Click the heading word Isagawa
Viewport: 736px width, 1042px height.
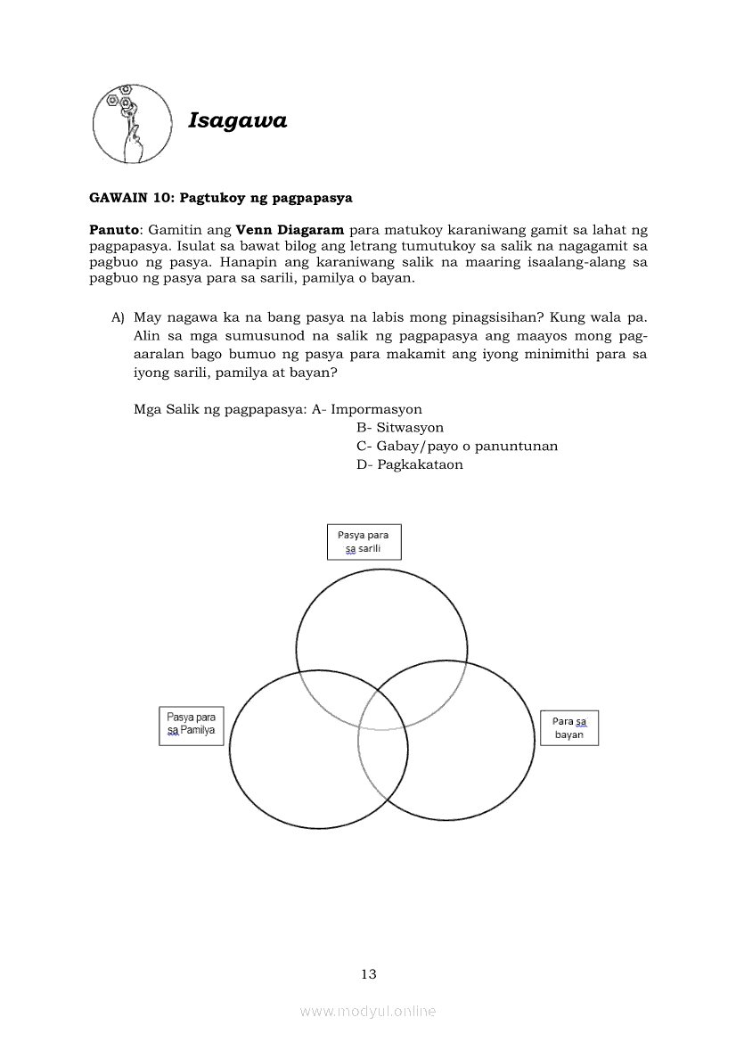click(238, 121)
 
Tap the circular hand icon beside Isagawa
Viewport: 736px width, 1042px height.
click(132, 125)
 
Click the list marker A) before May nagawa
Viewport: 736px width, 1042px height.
click(118, 317)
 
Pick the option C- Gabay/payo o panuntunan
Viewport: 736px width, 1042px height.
click(456, 446)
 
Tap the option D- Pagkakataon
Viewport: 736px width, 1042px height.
click(409, 464)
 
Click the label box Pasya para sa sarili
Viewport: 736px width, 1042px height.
click(364, 542)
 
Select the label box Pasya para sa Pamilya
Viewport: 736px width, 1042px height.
click(191, 726)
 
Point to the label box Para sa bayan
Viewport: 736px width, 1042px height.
click(569, 727)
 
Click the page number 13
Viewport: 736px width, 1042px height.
click(369, 973)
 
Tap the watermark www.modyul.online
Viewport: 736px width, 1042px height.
click(368, 1011)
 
